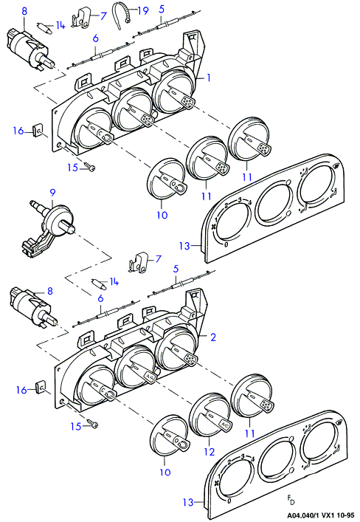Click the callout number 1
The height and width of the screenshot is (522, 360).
[208, 78]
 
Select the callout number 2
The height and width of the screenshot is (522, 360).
[213, 337]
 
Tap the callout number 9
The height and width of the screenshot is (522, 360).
[52, 193]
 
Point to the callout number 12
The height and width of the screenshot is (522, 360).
[210, 452]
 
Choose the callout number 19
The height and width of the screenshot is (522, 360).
[143, 10]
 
